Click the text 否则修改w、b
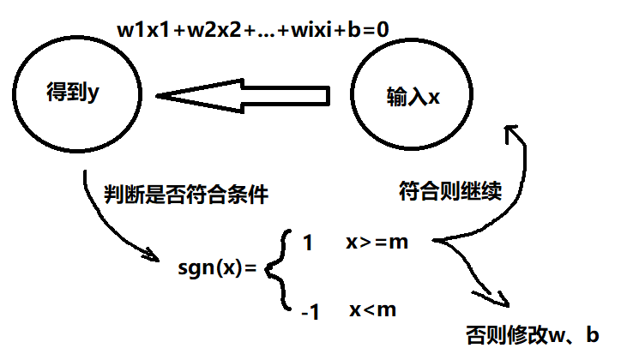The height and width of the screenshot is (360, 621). (532, 333)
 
